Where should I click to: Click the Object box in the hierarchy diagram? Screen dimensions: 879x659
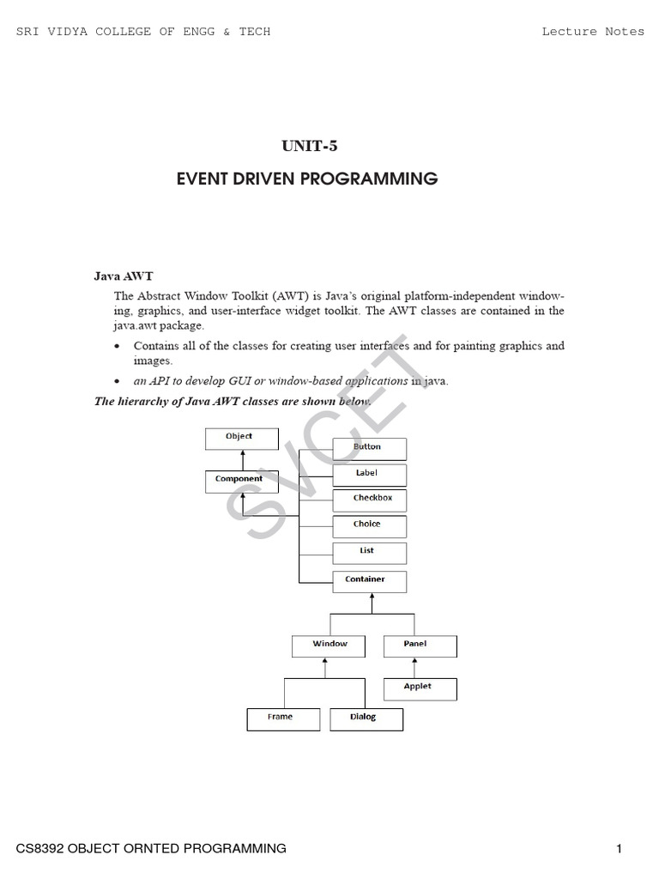click(241, 439)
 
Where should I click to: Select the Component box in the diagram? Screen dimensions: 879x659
click(241, 481)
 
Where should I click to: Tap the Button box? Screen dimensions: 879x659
click(369, 449)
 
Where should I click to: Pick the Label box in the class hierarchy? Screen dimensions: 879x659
click(369, 475)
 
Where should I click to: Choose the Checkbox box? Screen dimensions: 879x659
click(369, 500)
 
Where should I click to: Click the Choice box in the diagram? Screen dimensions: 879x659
click(369, 526)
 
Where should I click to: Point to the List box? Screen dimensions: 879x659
click(369, 553)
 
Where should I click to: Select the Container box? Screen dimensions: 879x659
click(369, 581)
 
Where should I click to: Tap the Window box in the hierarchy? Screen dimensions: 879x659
click(329, 646)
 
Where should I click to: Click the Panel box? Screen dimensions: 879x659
click(419, 646)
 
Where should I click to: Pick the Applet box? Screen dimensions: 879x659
click(419, 688)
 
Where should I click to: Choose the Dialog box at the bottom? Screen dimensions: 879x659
click(366, 718)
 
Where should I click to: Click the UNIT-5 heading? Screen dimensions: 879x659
click(310, 146)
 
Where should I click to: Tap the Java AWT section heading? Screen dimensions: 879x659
click(123, 276)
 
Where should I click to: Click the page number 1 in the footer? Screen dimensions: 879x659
click(618, 849)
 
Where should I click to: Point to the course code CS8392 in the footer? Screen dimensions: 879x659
click(39, 849)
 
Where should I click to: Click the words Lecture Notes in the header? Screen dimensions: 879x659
click(593, 32)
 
